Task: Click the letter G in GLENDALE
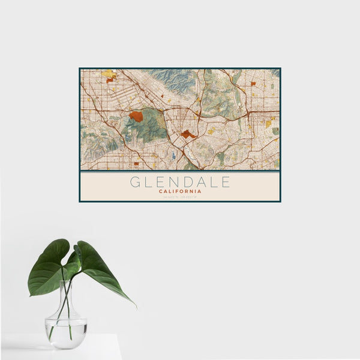[x=135, y=182]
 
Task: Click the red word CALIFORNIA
[x=180, y=191]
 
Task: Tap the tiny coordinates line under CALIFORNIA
[x=180, y=197]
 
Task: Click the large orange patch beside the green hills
[x=136, y=116]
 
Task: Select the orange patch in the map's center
[x=188, y=134]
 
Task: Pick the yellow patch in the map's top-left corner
[x=109, y=74]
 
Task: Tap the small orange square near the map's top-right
[x=253, y=83]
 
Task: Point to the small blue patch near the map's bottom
[x=173, y=155]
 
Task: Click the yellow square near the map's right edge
[x=268, y=124]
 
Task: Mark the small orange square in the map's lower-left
[x=136, y=163]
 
